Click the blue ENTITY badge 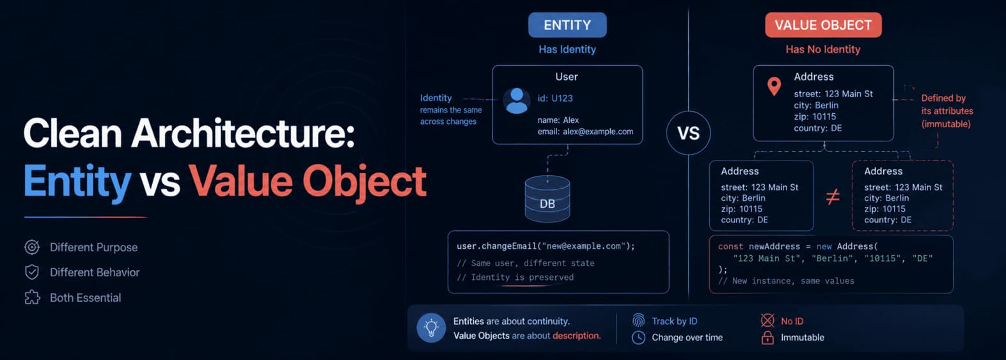click(567, 25)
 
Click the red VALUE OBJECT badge click(823, 25)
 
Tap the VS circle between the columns click(689, 133)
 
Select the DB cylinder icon click(547, 199)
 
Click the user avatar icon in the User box click(517, 100)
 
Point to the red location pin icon click(774, 86)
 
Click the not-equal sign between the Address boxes click(833, 196)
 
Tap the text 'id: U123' click(555, 98)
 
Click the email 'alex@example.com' click(598, 132)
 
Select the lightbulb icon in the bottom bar click(431, 327)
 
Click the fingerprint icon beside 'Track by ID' click(638, 320)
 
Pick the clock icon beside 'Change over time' click(638, 338)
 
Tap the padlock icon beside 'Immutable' click(767, 338)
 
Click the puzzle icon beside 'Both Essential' click(32, 297)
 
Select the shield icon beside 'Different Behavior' click(32, 272)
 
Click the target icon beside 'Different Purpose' click(32, 247)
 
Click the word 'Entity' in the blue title click(77, 182)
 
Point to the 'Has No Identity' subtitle click(822, 49)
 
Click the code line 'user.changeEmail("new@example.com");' click(546, 246)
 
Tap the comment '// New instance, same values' click(786, 281)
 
